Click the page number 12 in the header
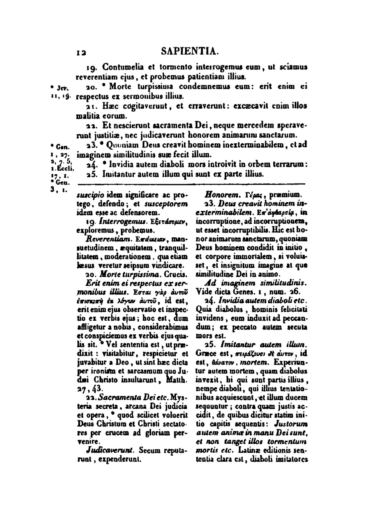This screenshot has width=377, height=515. point(80,53)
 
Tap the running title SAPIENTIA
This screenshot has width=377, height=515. point(190,52)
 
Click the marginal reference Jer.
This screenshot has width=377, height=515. point(62,88)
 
